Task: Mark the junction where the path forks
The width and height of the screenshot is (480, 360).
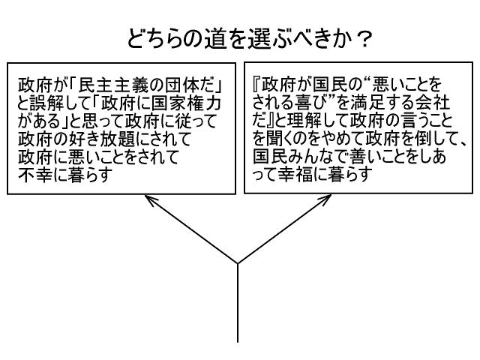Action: tap(238, 263)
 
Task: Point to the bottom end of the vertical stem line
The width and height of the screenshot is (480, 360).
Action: tap(238, 341)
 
